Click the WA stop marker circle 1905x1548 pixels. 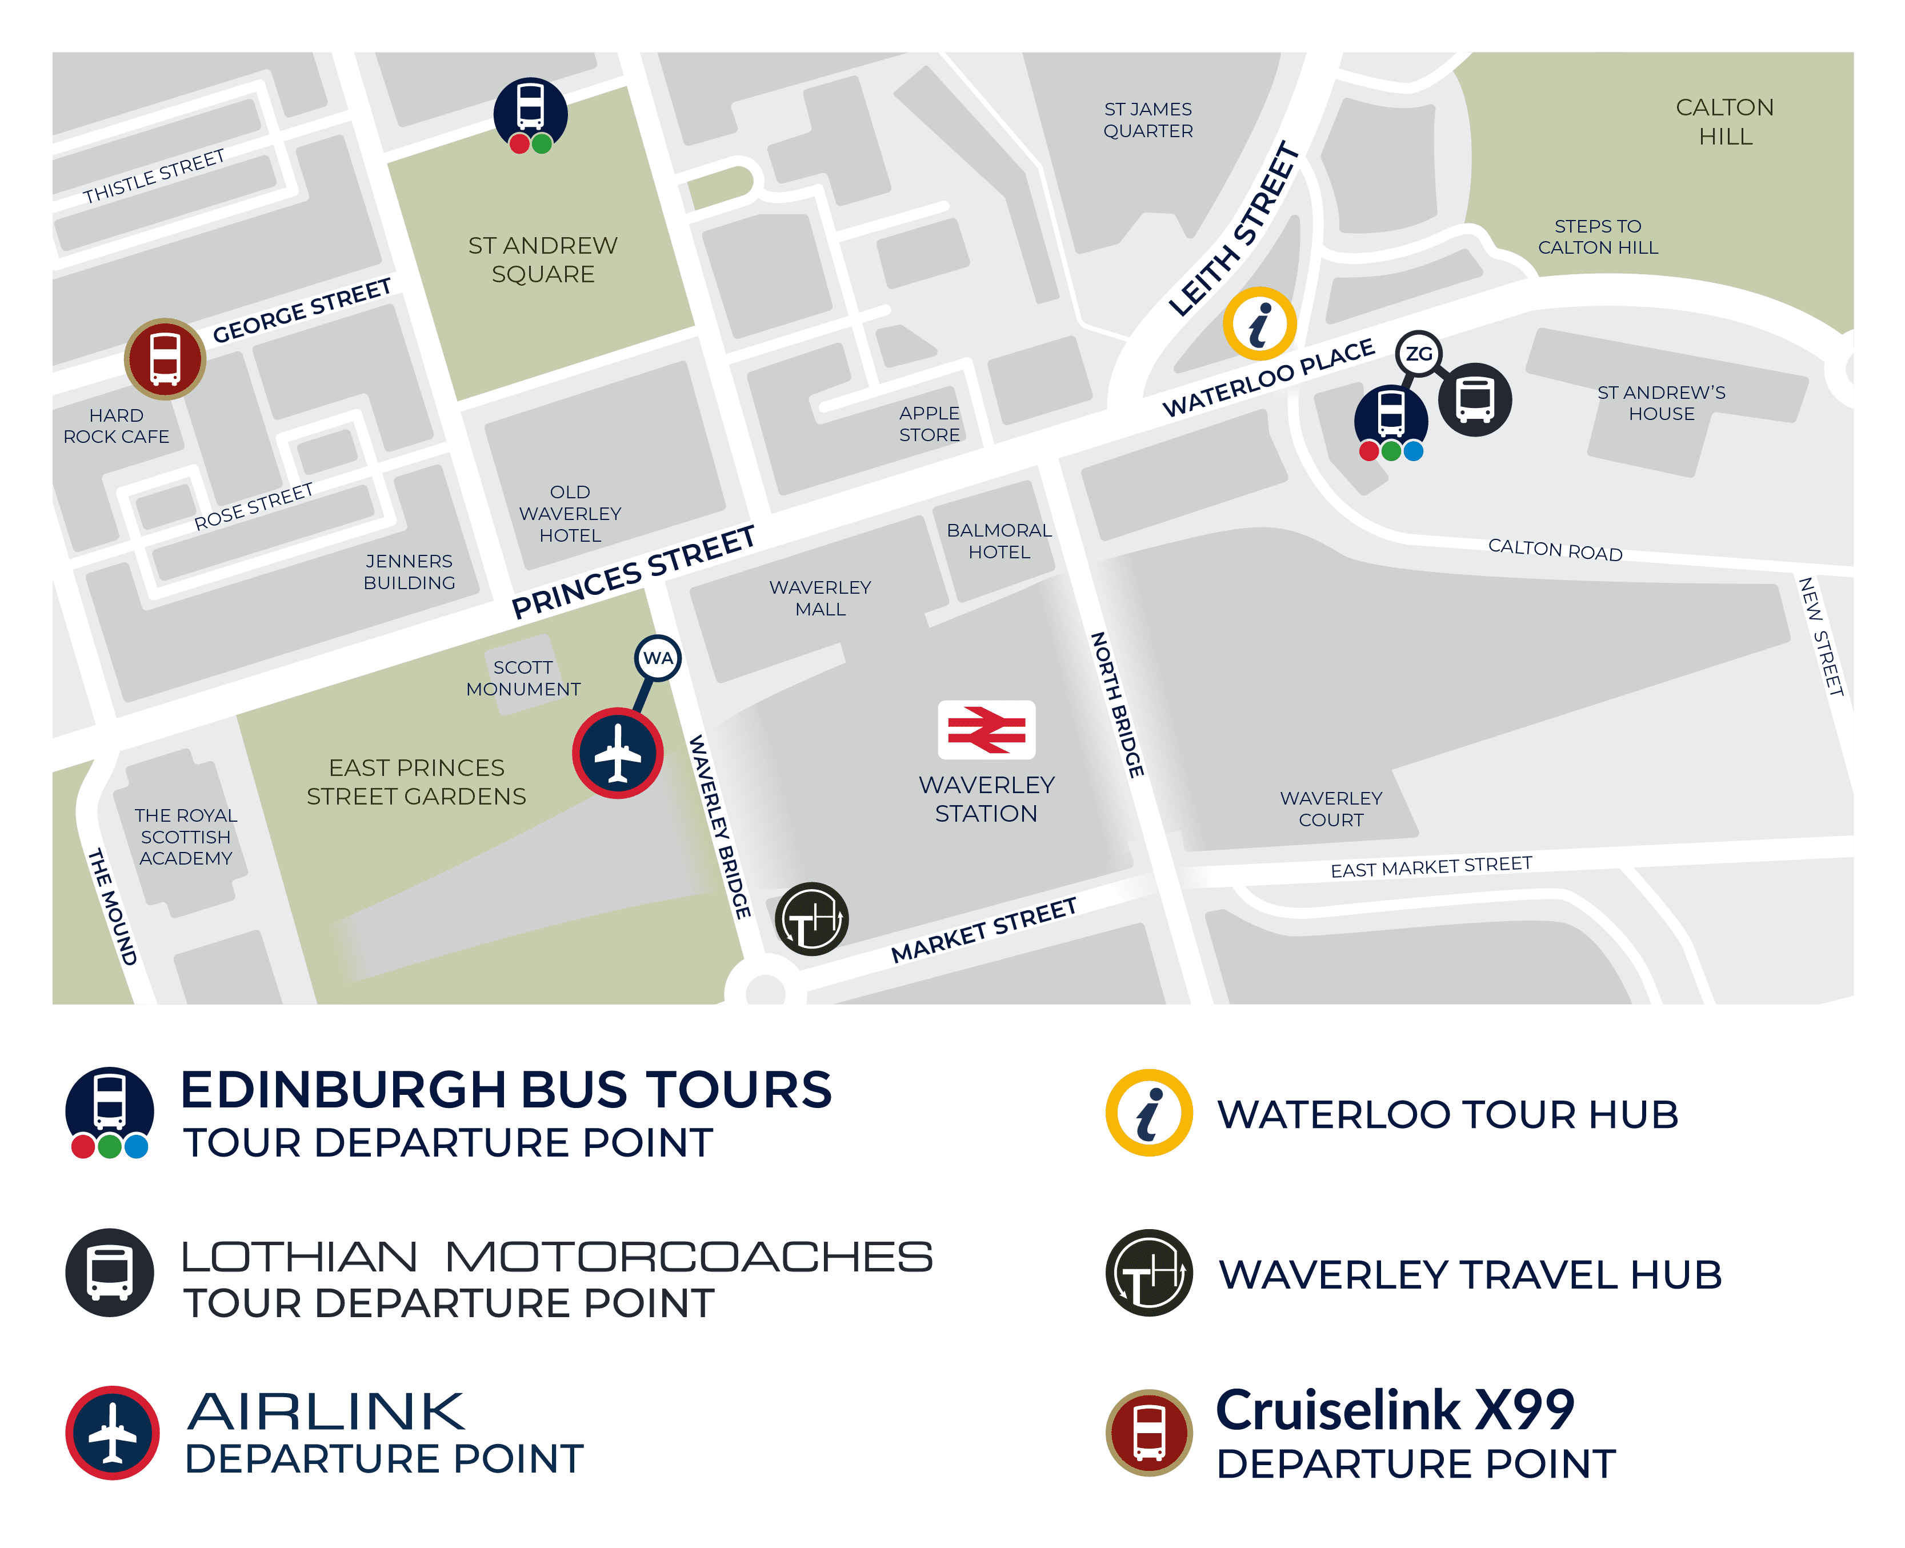click(x=658, y=658)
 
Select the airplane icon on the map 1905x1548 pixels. click(x=617, y=753)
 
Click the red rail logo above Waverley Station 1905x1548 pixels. click(x=986, y=729)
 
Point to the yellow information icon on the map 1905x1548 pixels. click(x=1259, y=323)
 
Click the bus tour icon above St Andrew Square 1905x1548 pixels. click(x=530, y=113)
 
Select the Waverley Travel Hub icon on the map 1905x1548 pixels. click(x=811, y=918)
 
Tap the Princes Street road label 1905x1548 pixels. click(x=633, y=571)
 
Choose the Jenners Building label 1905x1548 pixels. click(x=409, y=571)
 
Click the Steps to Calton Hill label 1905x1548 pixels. click(x=1598, y=237)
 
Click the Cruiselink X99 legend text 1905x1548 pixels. click(x=1395, y=1411)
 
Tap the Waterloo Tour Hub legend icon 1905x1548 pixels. click(x=1149, y=1112)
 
